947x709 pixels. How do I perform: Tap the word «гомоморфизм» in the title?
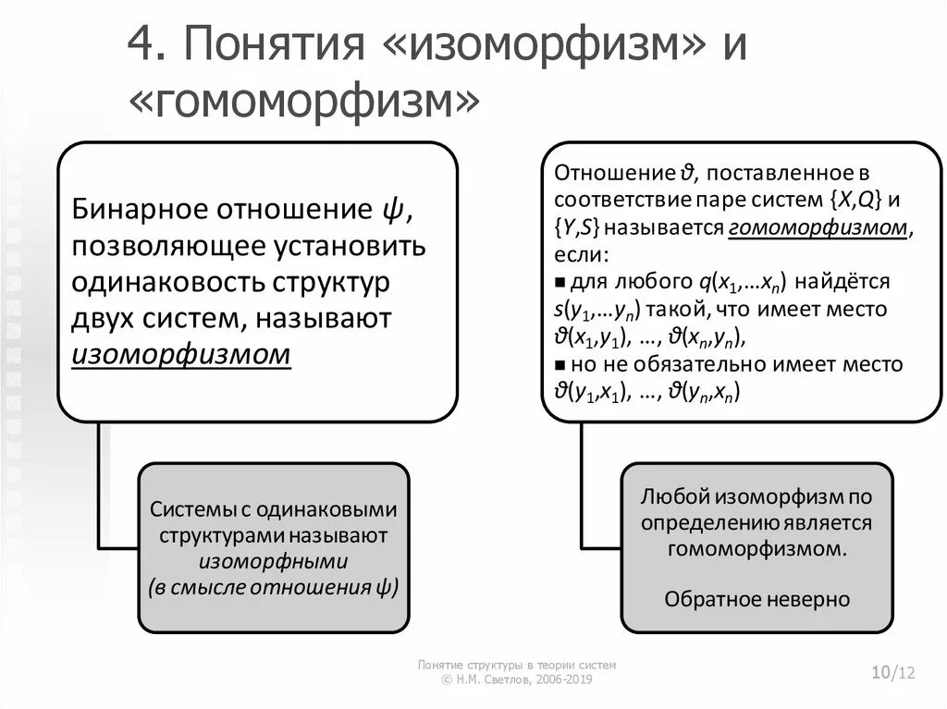coord(304,102)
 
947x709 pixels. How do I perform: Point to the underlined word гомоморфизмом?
coord(817,227)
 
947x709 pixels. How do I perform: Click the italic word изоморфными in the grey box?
coord(273,561)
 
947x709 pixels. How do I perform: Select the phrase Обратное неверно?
coord(756,599)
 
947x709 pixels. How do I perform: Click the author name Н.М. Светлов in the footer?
coord(491,679)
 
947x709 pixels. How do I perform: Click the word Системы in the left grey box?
coord(188,510)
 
